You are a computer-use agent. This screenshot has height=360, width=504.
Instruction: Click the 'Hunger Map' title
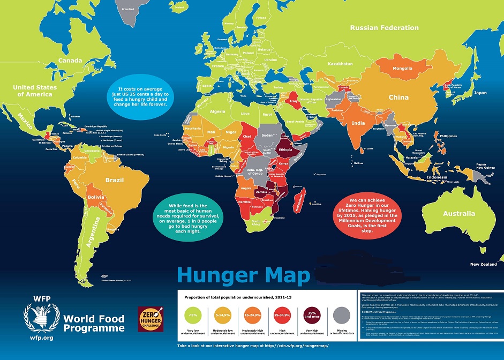243,275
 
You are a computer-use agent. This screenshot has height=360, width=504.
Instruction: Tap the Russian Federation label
384,27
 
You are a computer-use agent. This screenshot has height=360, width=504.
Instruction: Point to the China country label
398,97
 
